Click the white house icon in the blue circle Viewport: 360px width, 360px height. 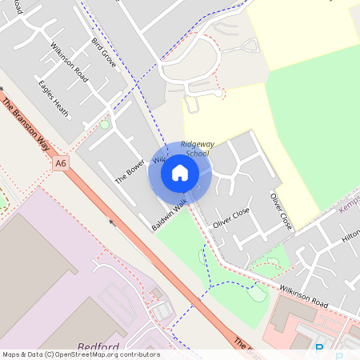(x=180, y=172)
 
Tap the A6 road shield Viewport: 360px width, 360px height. (x=61, y=163)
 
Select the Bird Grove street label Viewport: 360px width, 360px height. (x=104, y=52)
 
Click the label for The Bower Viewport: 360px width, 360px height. (x=129, y=171)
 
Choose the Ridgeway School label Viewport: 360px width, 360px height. (x=197, y=148)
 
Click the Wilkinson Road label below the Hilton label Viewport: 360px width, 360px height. (x=304, y=296)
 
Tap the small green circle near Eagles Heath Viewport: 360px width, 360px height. (x=105, y=125)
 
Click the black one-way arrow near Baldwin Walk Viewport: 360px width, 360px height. (x=113, y=222)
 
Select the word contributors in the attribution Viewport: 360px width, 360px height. (x=137, y=354)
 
